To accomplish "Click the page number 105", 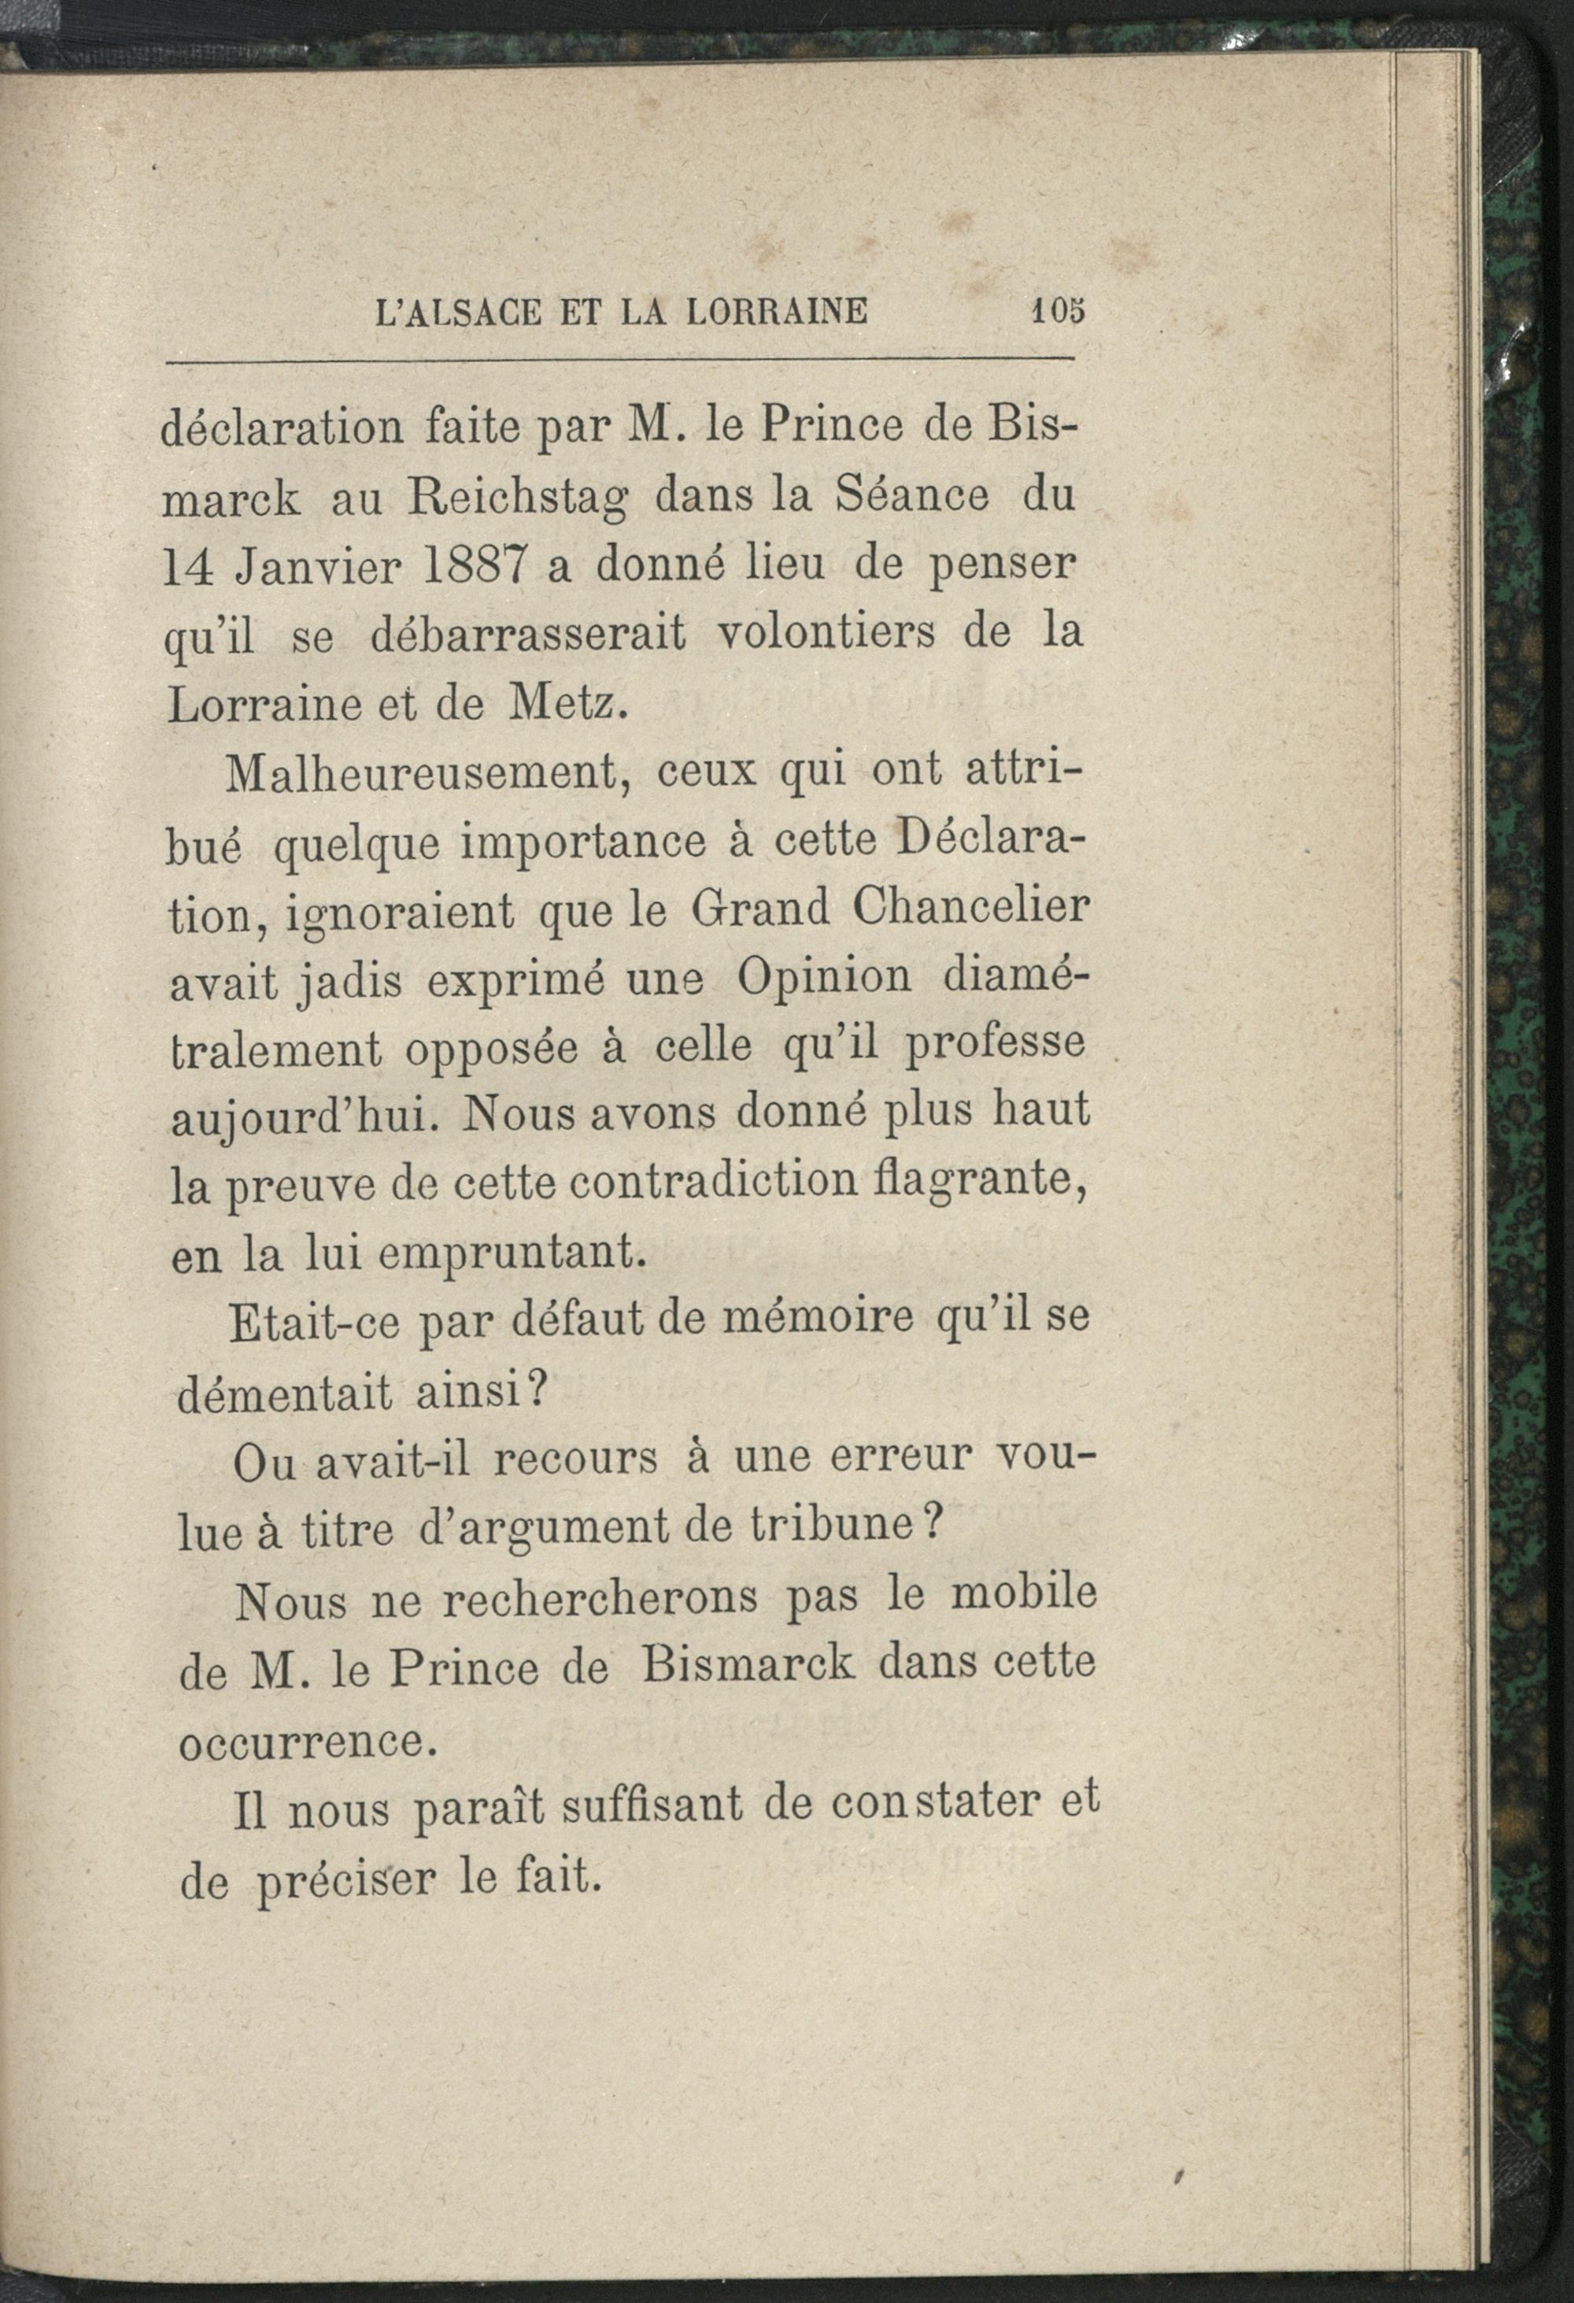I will pos(1058,310).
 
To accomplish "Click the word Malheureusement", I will pos(429,775).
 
